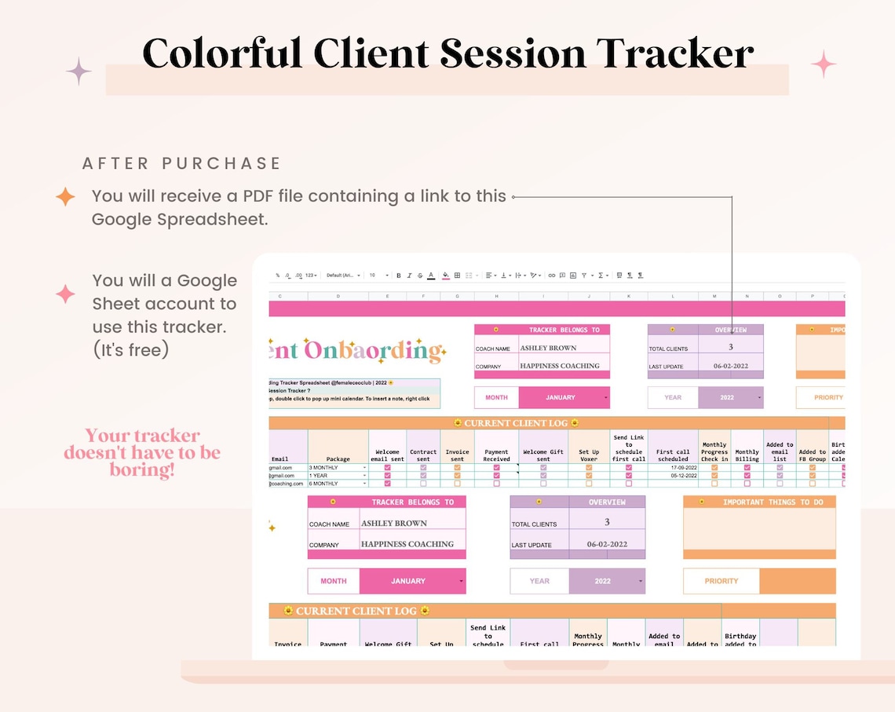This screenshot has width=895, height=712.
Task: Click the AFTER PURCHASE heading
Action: (181, 163)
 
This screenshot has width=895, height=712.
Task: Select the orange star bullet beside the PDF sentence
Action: (66, 196)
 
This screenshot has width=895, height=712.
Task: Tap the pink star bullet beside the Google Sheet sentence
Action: (66, 294)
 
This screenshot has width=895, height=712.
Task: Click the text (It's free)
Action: (131, 349)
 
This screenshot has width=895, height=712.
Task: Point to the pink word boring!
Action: (142, 471)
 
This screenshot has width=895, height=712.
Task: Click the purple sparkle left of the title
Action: (79, 71)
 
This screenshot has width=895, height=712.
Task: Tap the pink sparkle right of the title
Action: (823, 64)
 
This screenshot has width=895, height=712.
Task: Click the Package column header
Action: (338, 458)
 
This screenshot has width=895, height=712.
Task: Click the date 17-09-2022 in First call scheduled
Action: (683, 468)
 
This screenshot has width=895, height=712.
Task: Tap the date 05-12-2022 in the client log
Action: (683, 476)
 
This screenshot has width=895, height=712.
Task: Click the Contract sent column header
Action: (423, 455)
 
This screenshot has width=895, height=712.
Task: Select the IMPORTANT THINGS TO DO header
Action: (773, 502)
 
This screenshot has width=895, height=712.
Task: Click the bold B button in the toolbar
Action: (399, 276)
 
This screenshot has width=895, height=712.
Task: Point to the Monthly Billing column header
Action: (747, 455)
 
